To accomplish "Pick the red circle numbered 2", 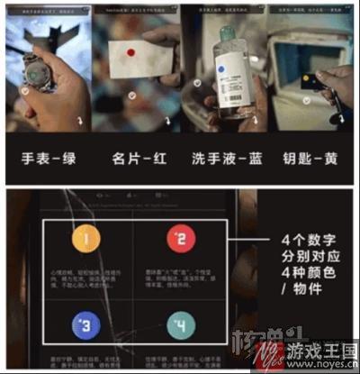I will [x=178, y=240].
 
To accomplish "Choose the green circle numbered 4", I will [x=178, y=324].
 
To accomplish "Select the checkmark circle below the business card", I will [x=132, y=95].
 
